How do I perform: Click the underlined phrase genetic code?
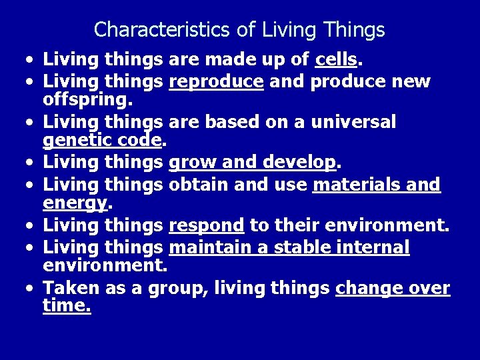103,141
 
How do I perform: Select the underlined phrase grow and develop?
253,162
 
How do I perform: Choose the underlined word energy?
74,202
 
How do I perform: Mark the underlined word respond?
206,226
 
